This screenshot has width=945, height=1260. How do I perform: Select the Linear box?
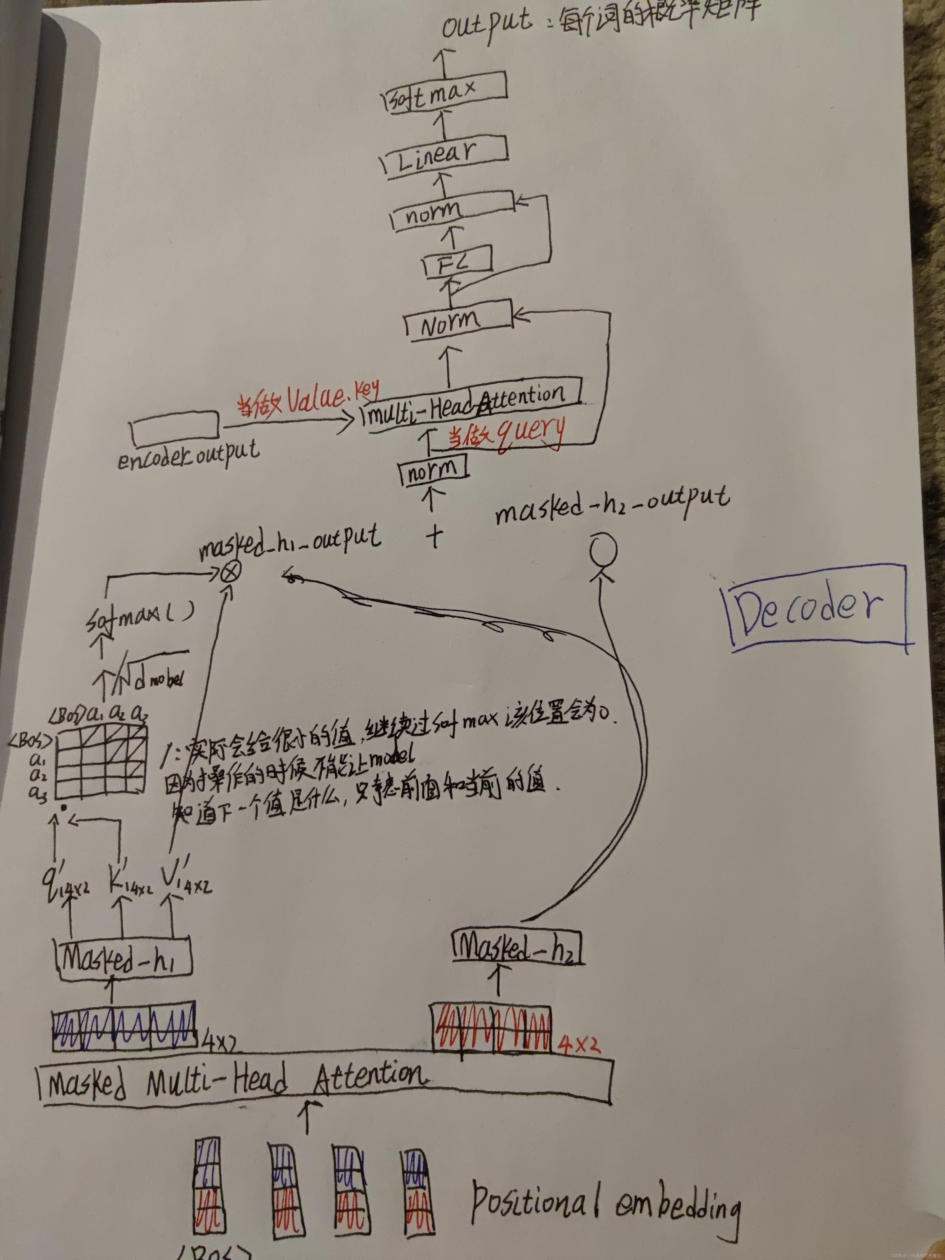pos(444,155)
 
